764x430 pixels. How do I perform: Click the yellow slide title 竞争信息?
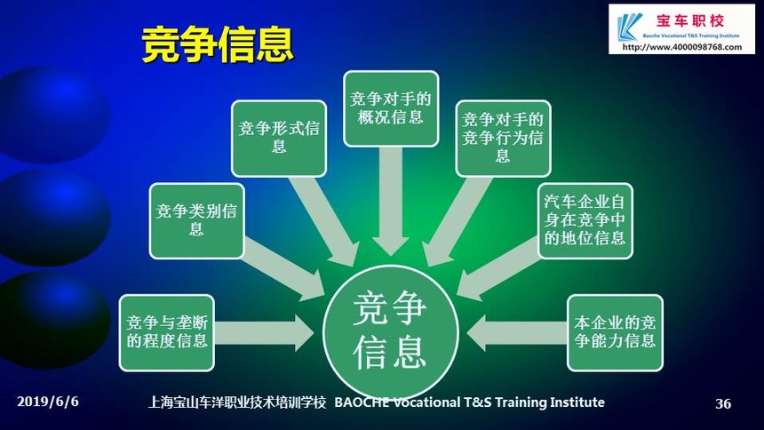(218, 44)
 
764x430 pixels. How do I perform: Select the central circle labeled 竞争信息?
(390, 332)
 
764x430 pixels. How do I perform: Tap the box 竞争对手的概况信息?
(391, 108)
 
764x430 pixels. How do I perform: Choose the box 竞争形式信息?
(279, 139)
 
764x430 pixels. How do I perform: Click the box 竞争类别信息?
(196, 221)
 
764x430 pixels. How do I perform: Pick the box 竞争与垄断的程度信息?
(167, 332)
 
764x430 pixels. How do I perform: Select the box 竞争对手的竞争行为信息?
(503, 139)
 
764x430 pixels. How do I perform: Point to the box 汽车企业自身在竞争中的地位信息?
(585, 221)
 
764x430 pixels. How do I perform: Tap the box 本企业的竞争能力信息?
(615, 332)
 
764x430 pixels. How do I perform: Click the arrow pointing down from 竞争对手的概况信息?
(390, 201)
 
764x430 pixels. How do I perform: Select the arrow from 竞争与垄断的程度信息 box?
(264, 333)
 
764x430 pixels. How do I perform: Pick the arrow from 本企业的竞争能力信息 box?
(517, 333)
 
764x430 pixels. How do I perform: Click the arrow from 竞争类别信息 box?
(283, 268)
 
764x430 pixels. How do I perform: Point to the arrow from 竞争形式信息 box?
(323, 222)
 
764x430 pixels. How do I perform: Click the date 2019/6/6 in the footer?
(48, 402)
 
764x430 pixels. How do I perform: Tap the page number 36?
(723, 403)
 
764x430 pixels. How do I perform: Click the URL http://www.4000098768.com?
(682, 47)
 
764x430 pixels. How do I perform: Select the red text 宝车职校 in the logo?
(690, 20)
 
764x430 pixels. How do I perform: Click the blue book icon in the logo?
(629, 27)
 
